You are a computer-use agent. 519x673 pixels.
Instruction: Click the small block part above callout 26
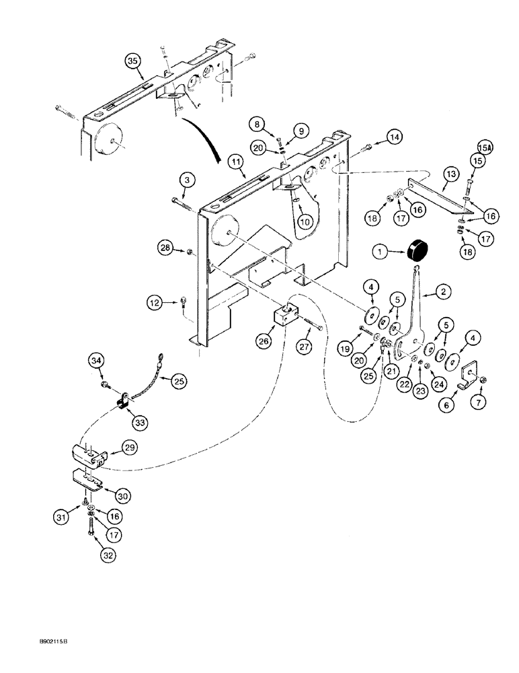(286, 314)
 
